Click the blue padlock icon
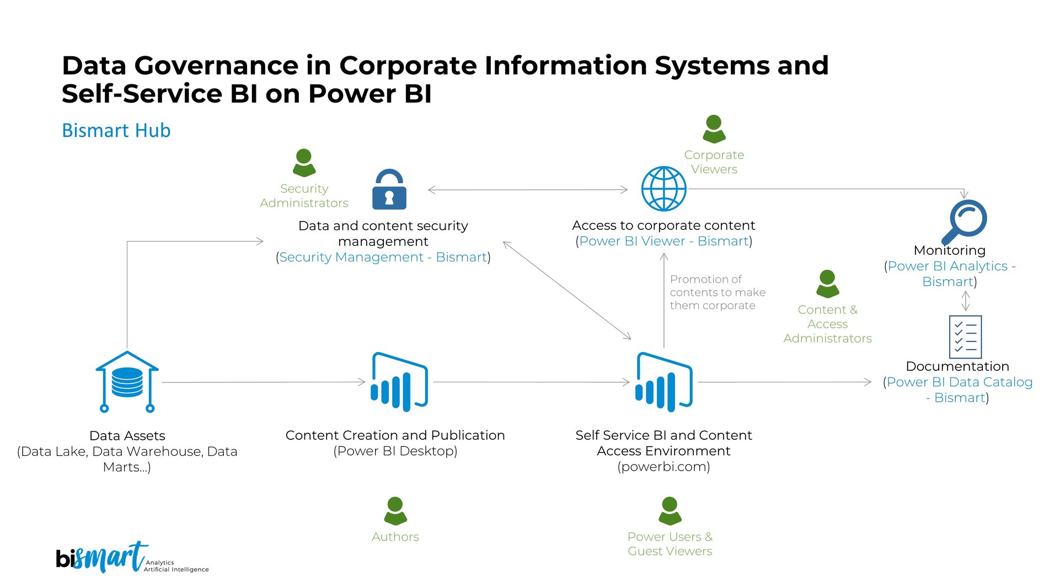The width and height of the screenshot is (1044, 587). click(389, 189)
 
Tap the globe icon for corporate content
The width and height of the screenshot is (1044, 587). click(663, 189)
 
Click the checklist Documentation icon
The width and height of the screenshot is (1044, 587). click(965, 337)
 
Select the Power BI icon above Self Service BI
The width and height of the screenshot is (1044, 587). click(663, 382)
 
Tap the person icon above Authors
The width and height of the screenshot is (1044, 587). click(395, 510)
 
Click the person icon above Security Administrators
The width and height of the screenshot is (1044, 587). click(304, 162)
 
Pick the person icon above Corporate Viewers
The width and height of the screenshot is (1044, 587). click(714, 129)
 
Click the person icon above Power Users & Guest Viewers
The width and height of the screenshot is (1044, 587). click(670, 510)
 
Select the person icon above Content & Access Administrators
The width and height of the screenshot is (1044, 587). click(827, 284)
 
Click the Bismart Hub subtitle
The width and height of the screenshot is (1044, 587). click(116, 131)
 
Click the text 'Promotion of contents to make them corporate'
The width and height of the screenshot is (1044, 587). click(717, 292)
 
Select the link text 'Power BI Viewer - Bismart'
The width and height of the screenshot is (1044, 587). click(663, 241)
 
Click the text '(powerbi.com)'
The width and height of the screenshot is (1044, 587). click(663, 467)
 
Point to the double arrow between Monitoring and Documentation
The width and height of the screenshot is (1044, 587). click(965, 301)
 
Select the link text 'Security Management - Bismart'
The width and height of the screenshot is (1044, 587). click(383, 257)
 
